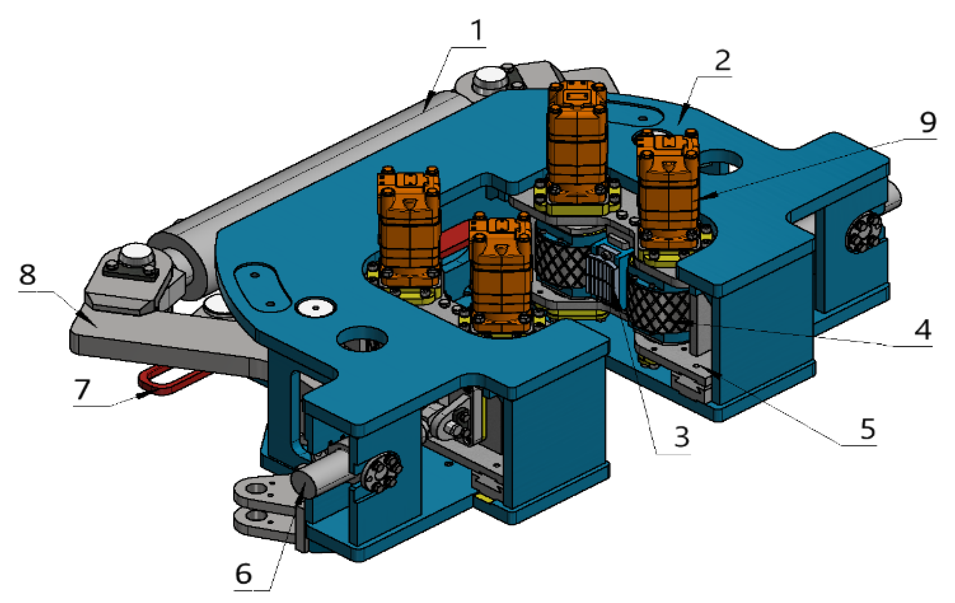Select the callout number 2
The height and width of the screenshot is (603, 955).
point(723,60)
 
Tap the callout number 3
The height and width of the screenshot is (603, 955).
point(682,436)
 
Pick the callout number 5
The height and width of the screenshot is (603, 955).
point(868,429)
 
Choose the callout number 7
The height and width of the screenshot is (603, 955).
point(82,389)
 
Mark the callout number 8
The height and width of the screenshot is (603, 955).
point(27,274)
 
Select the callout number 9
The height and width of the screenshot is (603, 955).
point(928,122)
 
